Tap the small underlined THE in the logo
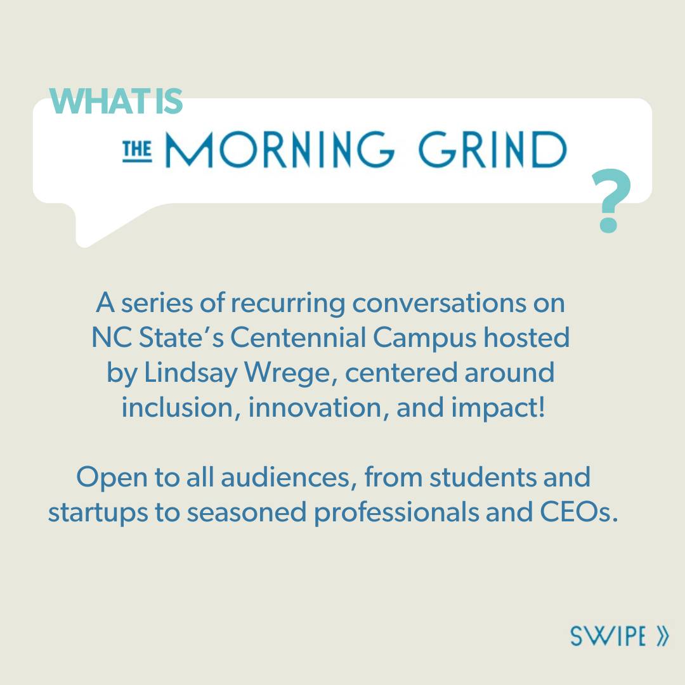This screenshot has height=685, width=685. coord(137,151)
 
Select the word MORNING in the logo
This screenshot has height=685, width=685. coord(280,150)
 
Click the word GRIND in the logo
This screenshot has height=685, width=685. coord(492,150)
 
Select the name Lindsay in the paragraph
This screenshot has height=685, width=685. coord(190,374)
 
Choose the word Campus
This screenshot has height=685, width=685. coord(424,339)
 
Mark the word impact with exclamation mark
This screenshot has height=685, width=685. coord(498,409)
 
